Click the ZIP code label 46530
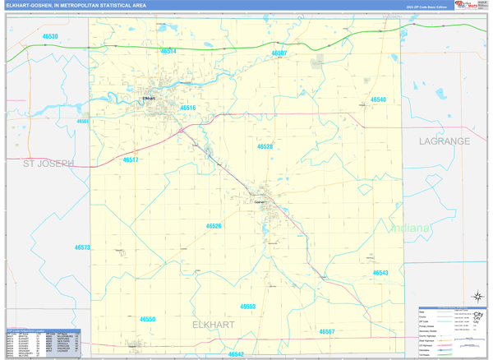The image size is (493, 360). pyautogui.click(x=49, y=37)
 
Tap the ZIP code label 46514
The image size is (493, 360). pyautogui.click(x=168, y=51)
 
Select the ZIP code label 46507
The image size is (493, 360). pyautogui.click(x=279, y=53)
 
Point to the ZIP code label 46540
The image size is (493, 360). pyautogui.click(x=378, y=99)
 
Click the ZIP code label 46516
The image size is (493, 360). pyautogui.click(x=188, y=108)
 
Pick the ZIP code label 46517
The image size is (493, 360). pyautogui.click(x=130, y=159)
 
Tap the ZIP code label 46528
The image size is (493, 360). pyautogui.click(x=265, y=146)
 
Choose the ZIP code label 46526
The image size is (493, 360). pyautogui.click(x=214, y=225)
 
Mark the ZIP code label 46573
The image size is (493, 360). pyautogui.click(x=82, y=247)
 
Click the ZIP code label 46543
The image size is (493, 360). pyautogui.click(x=380, y=272)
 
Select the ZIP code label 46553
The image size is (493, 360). pyautogui.click(x=248, y=306)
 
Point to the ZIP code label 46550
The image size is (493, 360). pyautogui.click(x=147, y=319)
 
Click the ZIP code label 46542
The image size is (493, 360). pyautogui.click(x=236, y=354)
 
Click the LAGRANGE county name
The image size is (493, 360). pyautogui.click(x=444, y=141)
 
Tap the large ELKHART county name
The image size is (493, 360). pyautogui.click(x=214, y=325)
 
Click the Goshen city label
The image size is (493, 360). pyautogui.click(x=261, y=201)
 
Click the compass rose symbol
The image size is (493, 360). pyautogui.click(x=476, y=297)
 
